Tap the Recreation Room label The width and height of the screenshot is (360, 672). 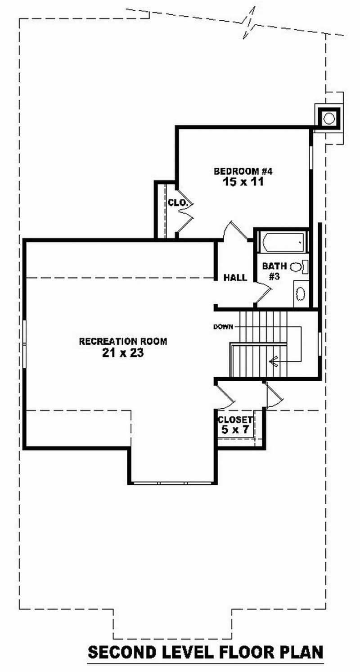click(123, 342)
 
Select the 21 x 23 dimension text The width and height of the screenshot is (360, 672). click(123, 353)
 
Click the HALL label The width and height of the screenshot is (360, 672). click(235, 278)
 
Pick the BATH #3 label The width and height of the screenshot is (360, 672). click(274, 271)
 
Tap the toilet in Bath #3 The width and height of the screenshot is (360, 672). click(298, 267)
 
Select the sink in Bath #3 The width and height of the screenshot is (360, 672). click(300, 293)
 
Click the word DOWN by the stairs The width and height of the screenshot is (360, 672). click(223, 327)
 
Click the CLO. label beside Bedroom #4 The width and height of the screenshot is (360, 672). click(177, 203)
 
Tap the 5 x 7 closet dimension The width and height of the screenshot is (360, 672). click(235, 429)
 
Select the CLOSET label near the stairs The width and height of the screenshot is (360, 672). click(235, 419)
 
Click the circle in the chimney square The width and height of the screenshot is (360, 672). click(329, 119)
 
